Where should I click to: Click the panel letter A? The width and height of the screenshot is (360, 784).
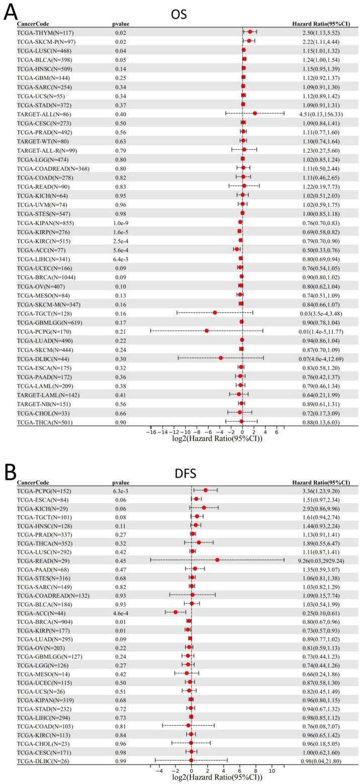[11, 12]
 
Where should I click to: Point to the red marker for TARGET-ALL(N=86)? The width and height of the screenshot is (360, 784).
[255, 114]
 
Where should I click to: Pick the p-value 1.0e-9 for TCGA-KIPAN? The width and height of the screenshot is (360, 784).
[122, 222]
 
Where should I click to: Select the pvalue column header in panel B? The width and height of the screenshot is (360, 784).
[120, 483]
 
